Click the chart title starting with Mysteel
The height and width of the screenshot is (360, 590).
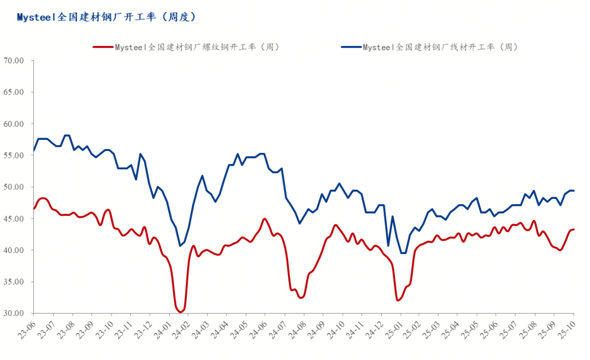pos(106,17)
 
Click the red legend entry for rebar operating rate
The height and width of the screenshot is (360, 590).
pos(186,47)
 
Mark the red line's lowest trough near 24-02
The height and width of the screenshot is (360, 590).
pos(180,312)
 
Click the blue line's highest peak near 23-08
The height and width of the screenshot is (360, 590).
pos(67,135)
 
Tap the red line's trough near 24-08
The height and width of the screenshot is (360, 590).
pos(301,298)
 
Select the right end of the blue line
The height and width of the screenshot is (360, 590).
pos(574,191)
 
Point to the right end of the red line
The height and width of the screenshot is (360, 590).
pos(574,229)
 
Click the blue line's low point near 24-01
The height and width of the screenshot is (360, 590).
pos(180,246)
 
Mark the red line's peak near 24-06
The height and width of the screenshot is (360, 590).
pos(265,219)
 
